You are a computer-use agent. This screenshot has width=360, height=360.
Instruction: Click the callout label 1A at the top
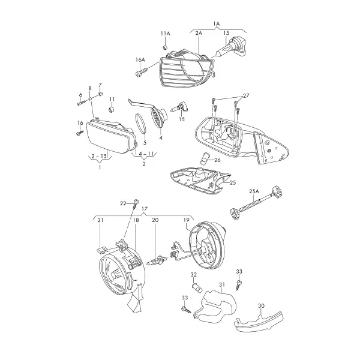click(216, 23)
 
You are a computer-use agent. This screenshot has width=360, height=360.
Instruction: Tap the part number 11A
click(166, 34)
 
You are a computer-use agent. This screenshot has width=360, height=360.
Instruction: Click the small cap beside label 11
click(112, 110)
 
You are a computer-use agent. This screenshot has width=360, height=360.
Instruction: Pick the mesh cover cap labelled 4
click(158, 116)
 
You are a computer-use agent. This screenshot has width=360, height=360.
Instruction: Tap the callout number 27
click(245, 96)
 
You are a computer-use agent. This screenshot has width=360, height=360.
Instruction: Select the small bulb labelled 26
click(205, 158)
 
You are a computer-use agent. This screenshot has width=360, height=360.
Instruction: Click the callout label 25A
click(254, 191)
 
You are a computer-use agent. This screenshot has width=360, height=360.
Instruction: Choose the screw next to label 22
click(136, 204)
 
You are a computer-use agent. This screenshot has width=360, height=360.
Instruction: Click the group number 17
click(145, 209)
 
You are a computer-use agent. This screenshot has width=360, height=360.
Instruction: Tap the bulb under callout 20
click(157, 261)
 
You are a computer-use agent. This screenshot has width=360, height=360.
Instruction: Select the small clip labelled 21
click(103, 250)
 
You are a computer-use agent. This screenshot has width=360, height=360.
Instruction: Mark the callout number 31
click(222, 284)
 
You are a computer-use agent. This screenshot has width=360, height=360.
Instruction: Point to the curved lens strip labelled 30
click(258, 322)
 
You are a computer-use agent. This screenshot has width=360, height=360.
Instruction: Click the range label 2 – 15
click(99, 157)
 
